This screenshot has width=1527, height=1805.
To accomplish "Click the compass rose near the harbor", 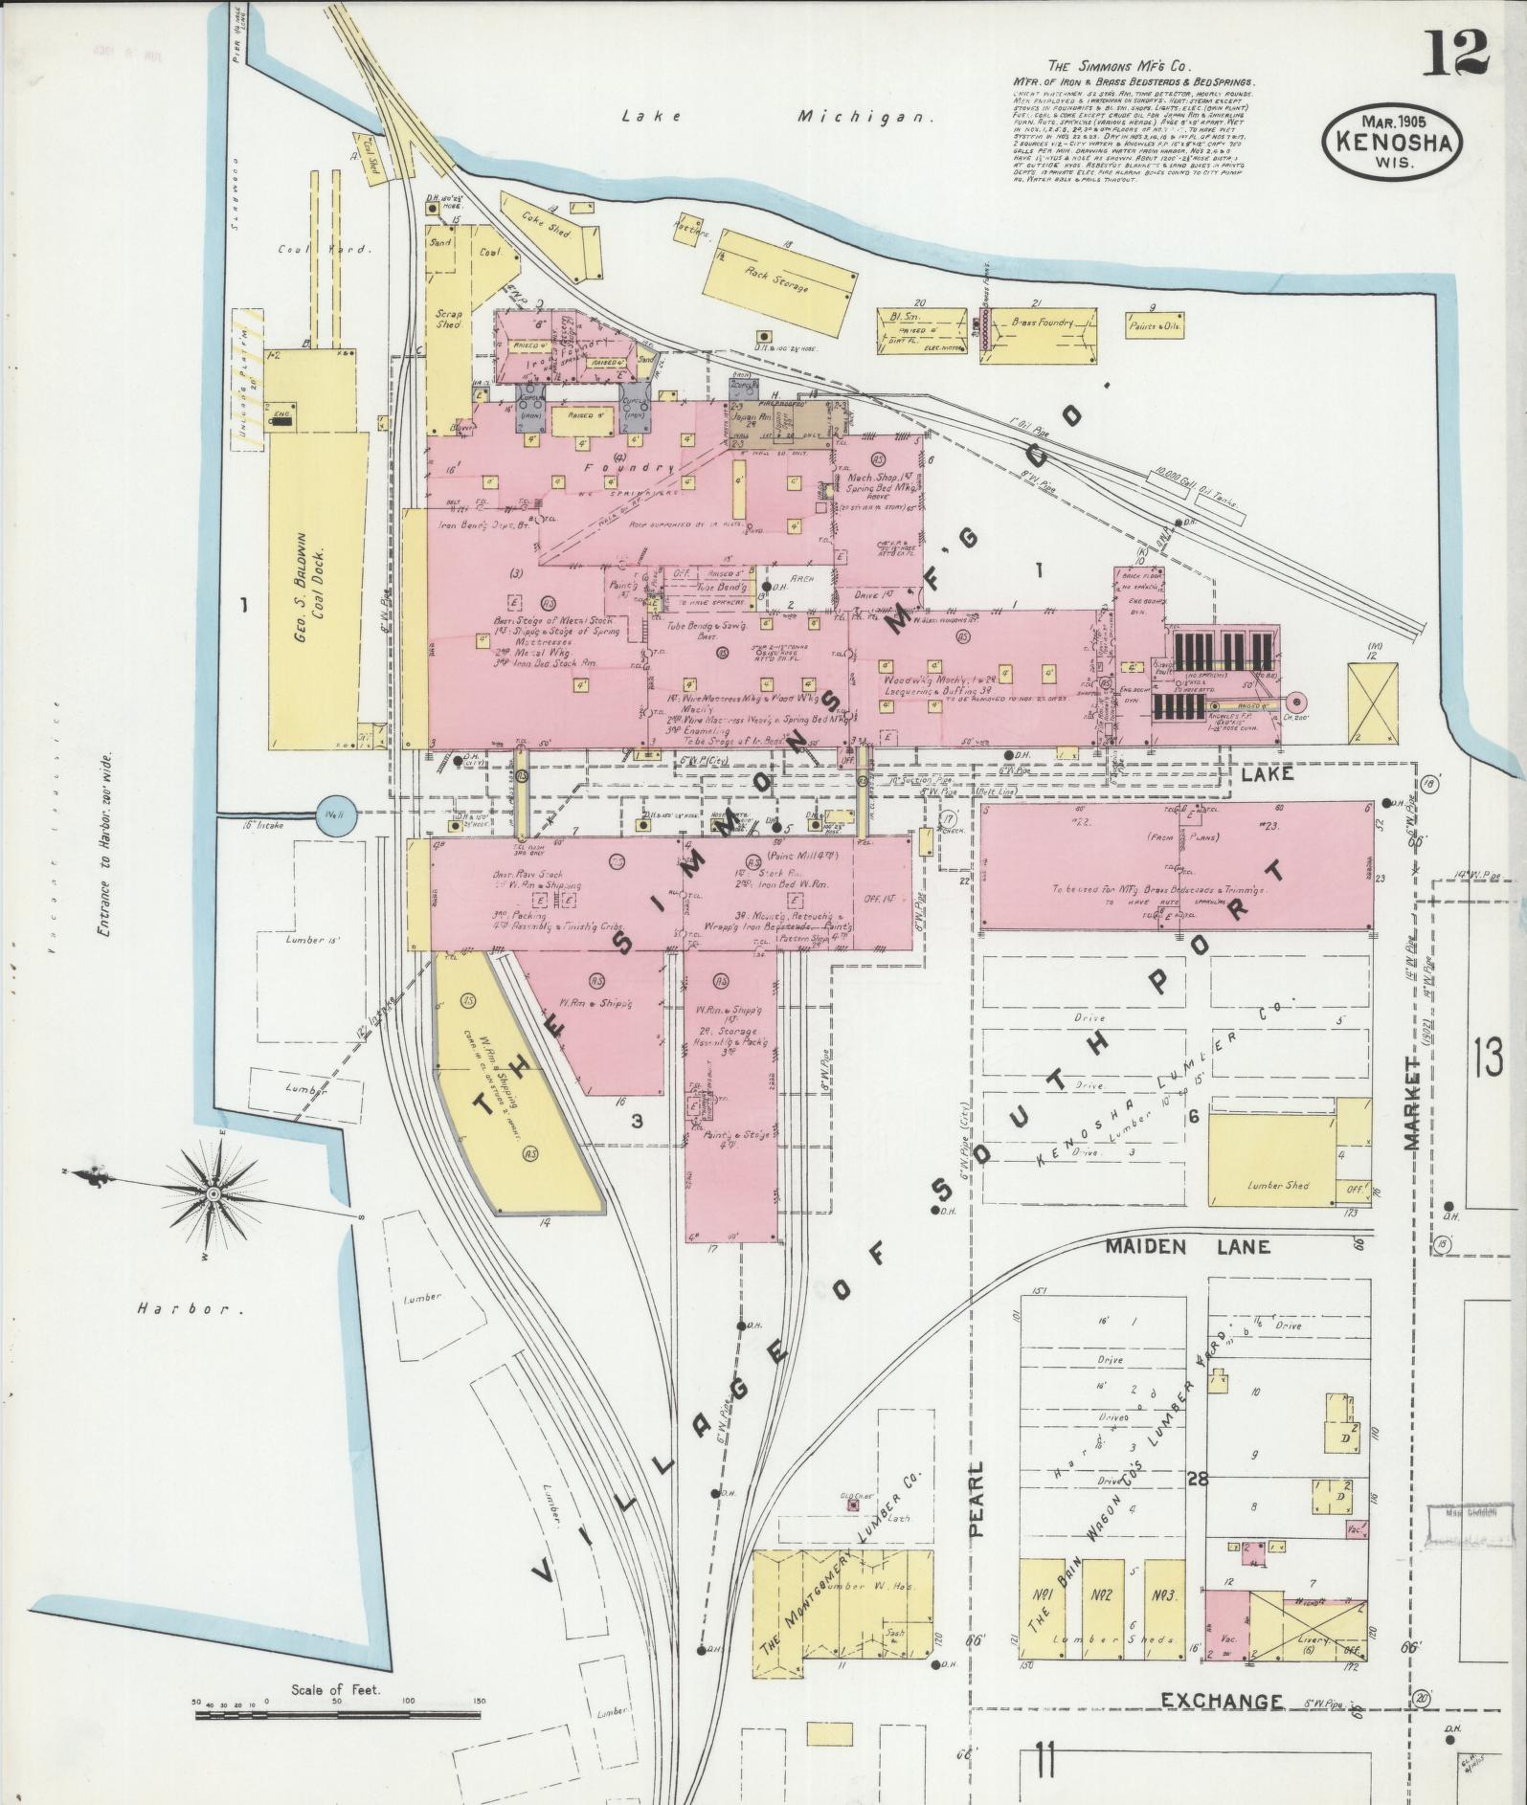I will (x=213, y=1194).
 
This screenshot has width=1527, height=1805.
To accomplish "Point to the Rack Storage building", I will (x=779, y=278).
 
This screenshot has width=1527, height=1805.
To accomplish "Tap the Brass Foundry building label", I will (x=1042, y=323).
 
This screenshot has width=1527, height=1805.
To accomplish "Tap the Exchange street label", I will (x=1221, y=1701).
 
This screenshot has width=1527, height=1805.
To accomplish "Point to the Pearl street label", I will (x=977, y=1498).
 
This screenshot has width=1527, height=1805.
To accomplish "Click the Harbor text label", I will (x=182, y=1308).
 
